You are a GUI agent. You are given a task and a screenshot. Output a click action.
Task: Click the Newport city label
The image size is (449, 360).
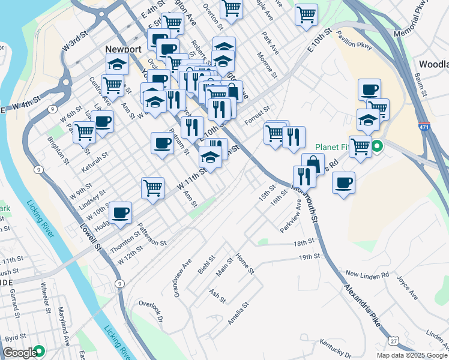[x=122, y=49]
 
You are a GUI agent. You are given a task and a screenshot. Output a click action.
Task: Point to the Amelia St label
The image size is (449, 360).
[x=238, y=316]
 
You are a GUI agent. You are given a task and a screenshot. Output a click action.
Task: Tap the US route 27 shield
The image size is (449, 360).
[x=393, y=341]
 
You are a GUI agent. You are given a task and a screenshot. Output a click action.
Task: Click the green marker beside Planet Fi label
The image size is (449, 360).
[x=377, y=146]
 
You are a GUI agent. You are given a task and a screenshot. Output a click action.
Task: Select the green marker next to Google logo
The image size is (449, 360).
[x=40, y=351]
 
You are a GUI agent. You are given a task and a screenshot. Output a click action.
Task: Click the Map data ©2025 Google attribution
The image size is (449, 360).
[x=412, y=355]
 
